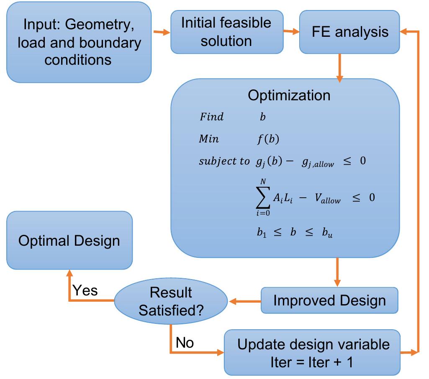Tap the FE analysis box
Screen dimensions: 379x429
[x=350, y=32]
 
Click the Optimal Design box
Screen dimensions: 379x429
[x=69, y=240]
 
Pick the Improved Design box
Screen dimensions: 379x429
[x=329, y=300]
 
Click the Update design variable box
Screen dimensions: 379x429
[x=313, y=352]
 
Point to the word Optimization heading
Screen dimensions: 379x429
[x=289, y=95]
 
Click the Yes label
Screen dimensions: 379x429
[x=85, y=290]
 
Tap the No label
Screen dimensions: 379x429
[x=185, y=343]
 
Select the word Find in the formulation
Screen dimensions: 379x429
[x=211, y=117]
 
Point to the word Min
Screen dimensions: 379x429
[x=208, y=139]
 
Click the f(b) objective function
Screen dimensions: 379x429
[x=268, y=139]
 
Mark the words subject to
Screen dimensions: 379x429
[x=224, y=162]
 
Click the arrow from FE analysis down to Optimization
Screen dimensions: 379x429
[x=339, y=67]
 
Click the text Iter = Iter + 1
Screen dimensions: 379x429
[x=311, y=361]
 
